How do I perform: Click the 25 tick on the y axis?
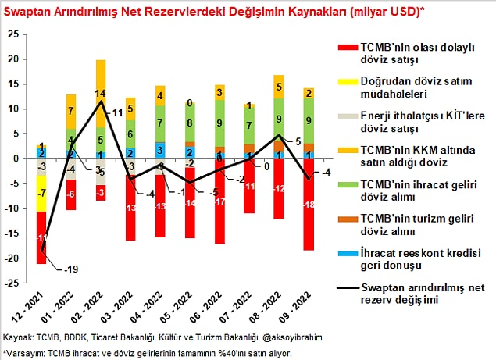pyautogui.click(x=12, y=34)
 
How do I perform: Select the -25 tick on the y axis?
pyautogui.click(x=10, y=283)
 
